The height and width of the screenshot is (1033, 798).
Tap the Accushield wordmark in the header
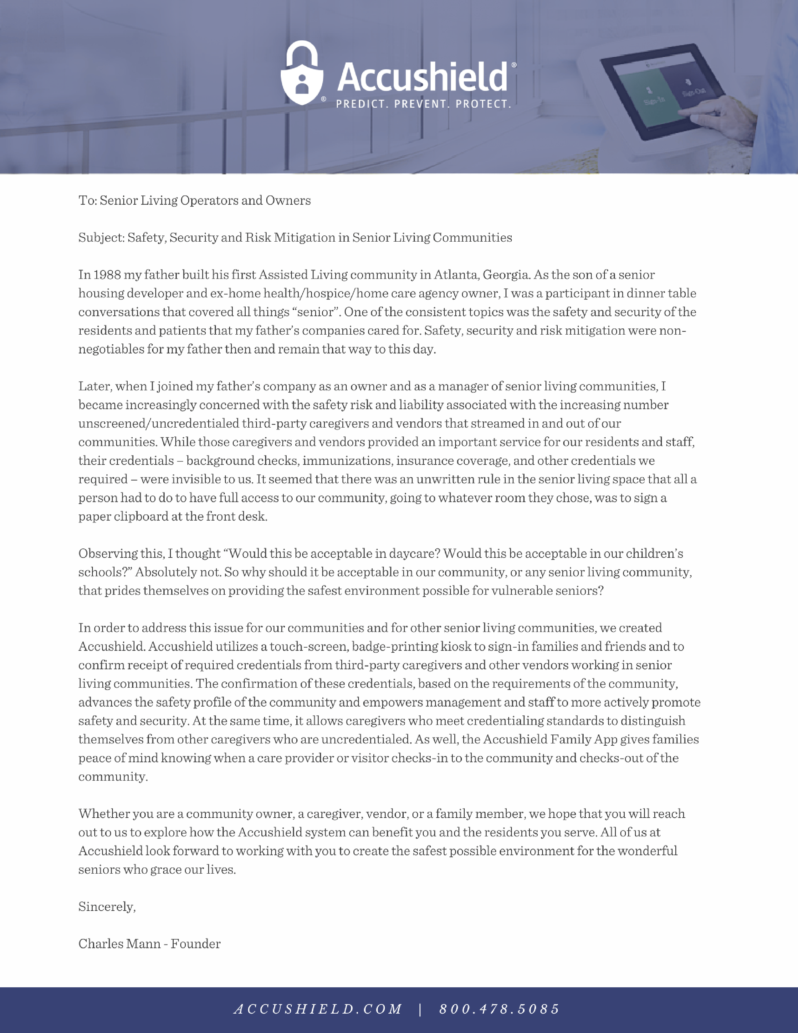pyautogui.click(x=422, y=77)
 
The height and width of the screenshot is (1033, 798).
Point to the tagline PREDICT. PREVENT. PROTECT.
pyautogui.click(x=424, y=104)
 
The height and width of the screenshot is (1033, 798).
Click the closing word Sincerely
pyautogui.click(x=107, y=907)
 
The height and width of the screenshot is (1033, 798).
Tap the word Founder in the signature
pyautogui.click(x=195, y=944)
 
